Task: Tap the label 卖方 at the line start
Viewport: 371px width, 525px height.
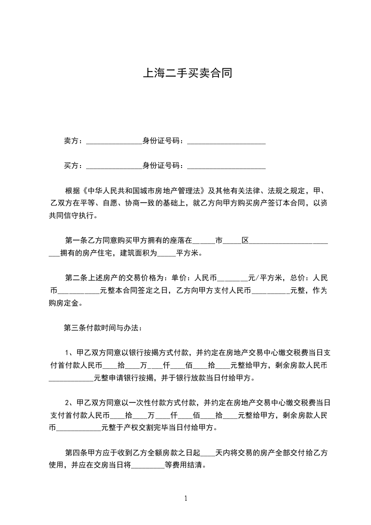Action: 71,140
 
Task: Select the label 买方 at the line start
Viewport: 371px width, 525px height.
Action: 71,166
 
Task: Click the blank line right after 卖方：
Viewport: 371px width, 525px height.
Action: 114,141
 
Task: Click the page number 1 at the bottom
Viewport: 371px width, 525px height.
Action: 186,498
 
